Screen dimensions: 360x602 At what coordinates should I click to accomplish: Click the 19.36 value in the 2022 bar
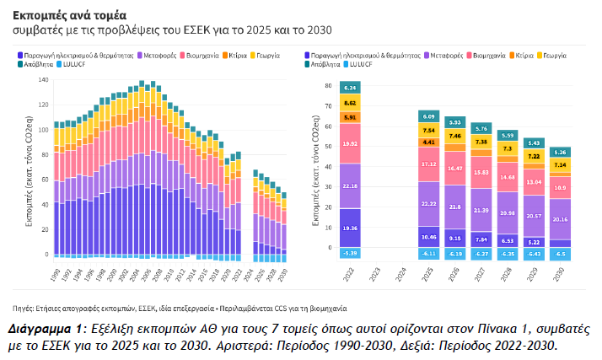pos(349,228)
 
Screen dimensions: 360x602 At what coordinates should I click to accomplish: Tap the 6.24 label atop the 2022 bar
pos(349,88)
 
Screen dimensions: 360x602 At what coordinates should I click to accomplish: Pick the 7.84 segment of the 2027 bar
pos(481,239)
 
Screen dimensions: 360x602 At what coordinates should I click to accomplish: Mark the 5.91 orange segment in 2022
pos(349,117)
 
